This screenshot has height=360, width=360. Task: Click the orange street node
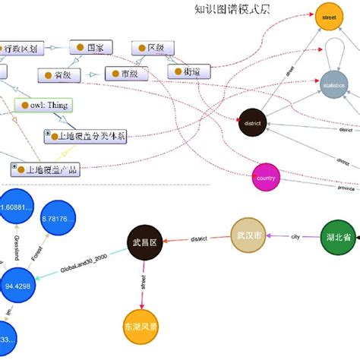329,17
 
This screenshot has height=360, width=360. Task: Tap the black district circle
254,123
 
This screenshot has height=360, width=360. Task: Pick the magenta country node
266,178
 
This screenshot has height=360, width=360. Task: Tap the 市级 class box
125,74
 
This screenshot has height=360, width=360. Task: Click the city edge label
295,237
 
